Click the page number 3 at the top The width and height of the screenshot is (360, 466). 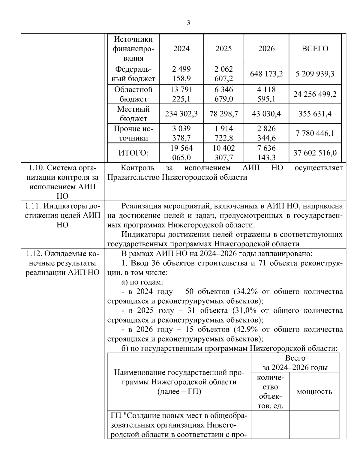(188, 23)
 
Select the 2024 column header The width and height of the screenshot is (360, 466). (181, 49)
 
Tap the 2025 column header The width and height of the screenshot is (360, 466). (223, 49)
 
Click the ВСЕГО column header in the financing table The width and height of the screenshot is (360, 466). (315, 49)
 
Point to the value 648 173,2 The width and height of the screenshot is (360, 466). (266, 74)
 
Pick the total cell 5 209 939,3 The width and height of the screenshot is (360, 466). (315, 74)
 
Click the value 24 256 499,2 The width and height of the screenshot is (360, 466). (315, 94)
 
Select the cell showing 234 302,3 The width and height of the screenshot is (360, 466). (181, 114)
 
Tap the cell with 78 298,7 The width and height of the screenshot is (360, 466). (223, 114)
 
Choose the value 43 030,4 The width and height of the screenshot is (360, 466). (266, 114)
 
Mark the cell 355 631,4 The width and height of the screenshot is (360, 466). (315, 114)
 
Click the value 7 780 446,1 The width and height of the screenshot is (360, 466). (315, 133)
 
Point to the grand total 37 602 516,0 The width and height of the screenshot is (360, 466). (315, 153)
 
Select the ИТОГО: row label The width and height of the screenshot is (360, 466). (133, 153)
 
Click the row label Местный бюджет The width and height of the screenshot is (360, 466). (133, 114)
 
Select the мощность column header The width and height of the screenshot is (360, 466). (314, 392)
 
